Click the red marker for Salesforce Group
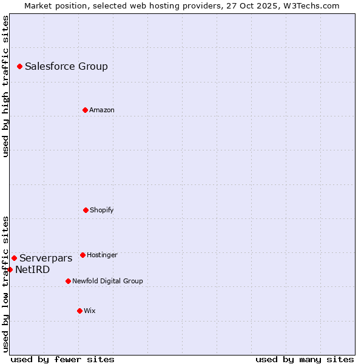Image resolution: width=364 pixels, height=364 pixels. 19,66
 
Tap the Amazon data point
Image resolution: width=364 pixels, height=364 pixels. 85,110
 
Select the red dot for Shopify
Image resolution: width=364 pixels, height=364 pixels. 86,210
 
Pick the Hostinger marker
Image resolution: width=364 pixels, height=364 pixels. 83,255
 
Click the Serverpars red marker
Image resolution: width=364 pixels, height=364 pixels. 14,258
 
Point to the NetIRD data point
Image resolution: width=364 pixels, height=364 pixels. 10,269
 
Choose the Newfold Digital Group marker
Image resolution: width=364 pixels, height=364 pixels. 68,281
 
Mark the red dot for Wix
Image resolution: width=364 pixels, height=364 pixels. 79,311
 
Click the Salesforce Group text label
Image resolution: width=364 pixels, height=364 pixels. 66,67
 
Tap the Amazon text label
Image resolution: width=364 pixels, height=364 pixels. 102,110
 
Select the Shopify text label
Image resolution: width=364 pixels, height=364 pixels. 102,211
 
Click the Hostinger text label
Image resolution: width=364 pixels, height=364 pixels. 102,255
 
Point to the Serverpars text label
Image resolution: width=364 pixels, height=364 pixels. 45,258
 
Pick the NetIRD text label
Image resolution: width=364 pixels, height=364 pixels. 32,270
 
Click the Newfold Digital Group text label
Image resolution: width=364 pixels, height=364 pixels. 107,281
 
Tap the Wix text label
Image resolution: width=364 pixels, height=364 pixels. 90,311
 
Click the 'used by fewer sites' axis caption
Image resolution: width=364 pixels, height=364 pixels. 62,360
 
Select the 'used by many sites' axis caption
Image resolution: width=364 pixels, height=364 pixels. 305,360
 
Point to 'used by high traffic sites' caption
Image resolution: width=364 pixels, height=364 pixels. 5,86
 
